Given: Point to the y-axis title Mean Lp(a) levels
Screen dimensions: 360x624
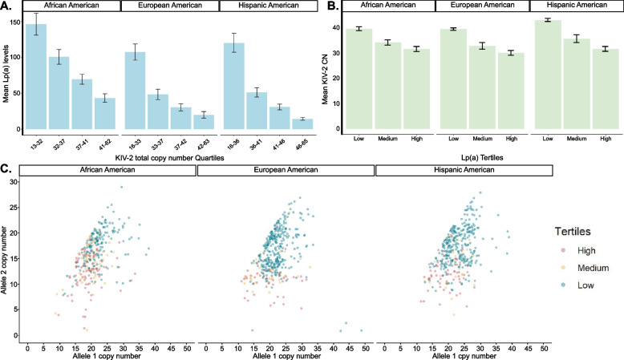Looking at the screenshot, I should click(6, 72).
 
